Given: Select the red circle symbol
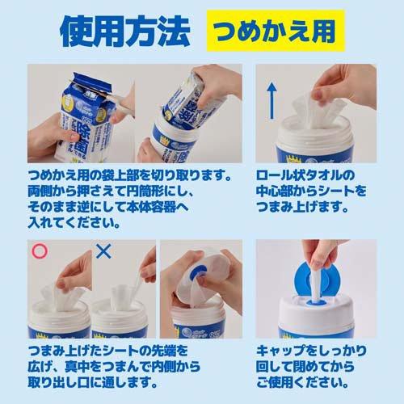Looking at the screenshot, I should pyautogui.click(x=36, y=251).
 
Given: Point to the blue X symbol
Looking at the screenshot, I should pyautogui.click(x=103, y=251).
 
